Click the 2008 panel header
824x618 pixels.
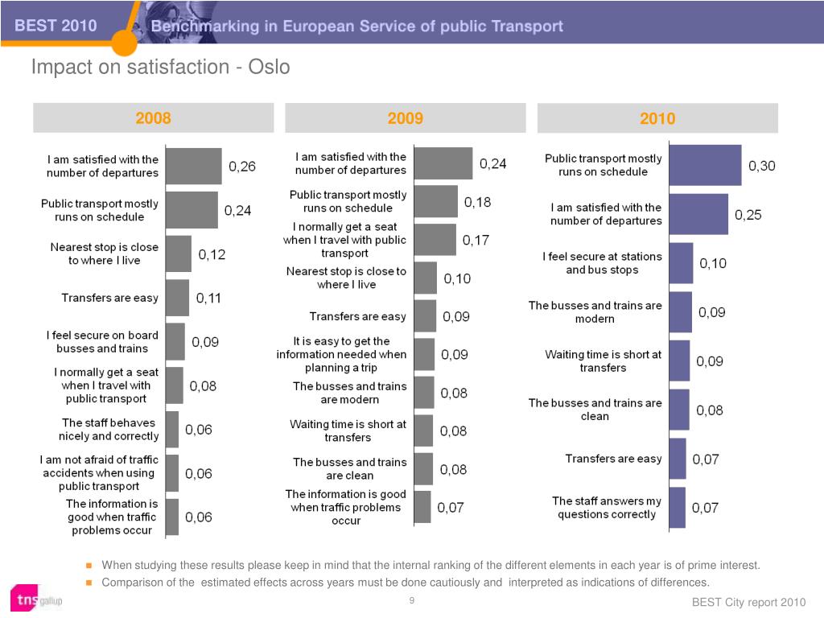[154, 117]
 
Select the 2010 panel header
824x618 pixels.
[657, 118]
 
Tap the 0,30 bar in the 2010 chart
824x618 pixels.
[705, 165]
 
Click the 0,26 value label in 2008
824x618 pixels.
[241, 167]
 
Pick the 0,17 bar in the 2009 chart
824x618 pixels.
[435, 240]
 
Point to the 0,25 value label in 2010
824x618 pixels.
[748, 215]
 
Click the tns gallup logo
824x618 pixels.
[36, 599]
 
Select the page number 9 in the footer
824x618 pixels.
[412, 600]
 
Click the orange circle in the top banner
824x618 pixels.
[124, 43]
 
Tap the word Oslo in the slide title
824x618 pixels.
[269, 68]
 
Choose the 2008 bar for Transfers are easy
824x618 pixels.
[178, 298]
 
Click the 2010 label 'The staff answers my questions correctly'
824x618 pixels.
[607, 508]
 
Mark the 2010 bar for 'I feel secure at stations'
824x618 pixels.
[681, 263]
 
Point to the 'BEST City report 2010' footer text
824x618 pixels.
[748, 602]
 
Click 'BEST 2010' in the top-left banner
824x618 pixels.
[56, 25]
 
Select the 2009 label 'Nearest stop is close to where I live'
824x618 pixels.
[346, 278]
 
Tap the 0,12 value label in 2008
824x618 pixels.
[212, 254]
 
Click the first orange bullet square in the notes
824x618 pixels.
[89, 566]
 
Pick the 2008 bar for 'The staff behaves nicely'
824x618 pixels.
[172, 430]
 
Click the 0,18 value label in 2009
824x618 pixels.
[477, 202]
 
